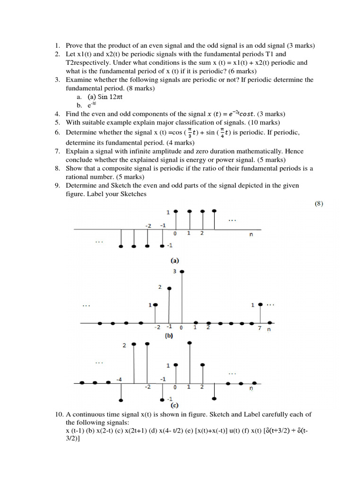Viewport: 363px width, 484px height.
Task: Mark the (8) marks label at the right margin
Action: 319,204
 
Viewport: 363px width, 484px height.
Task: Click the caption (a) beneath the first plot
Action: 175,260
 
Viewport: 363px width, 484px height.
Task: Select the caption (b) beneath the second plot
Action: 169,337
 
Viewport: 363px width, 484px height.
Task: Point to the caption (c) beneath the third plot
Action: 174,405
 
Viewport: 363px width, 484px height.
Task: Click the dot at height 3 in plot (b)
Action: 182,271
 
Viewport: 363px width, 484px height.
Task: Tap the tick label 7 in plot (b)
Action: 259,328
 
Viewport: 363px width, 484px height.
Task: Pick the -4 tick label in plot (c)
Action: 119,380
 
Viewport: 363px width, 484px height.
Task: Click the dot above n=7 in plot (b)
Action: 260,304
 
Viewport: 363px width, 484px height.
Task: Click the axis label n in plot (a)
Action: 251,233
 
